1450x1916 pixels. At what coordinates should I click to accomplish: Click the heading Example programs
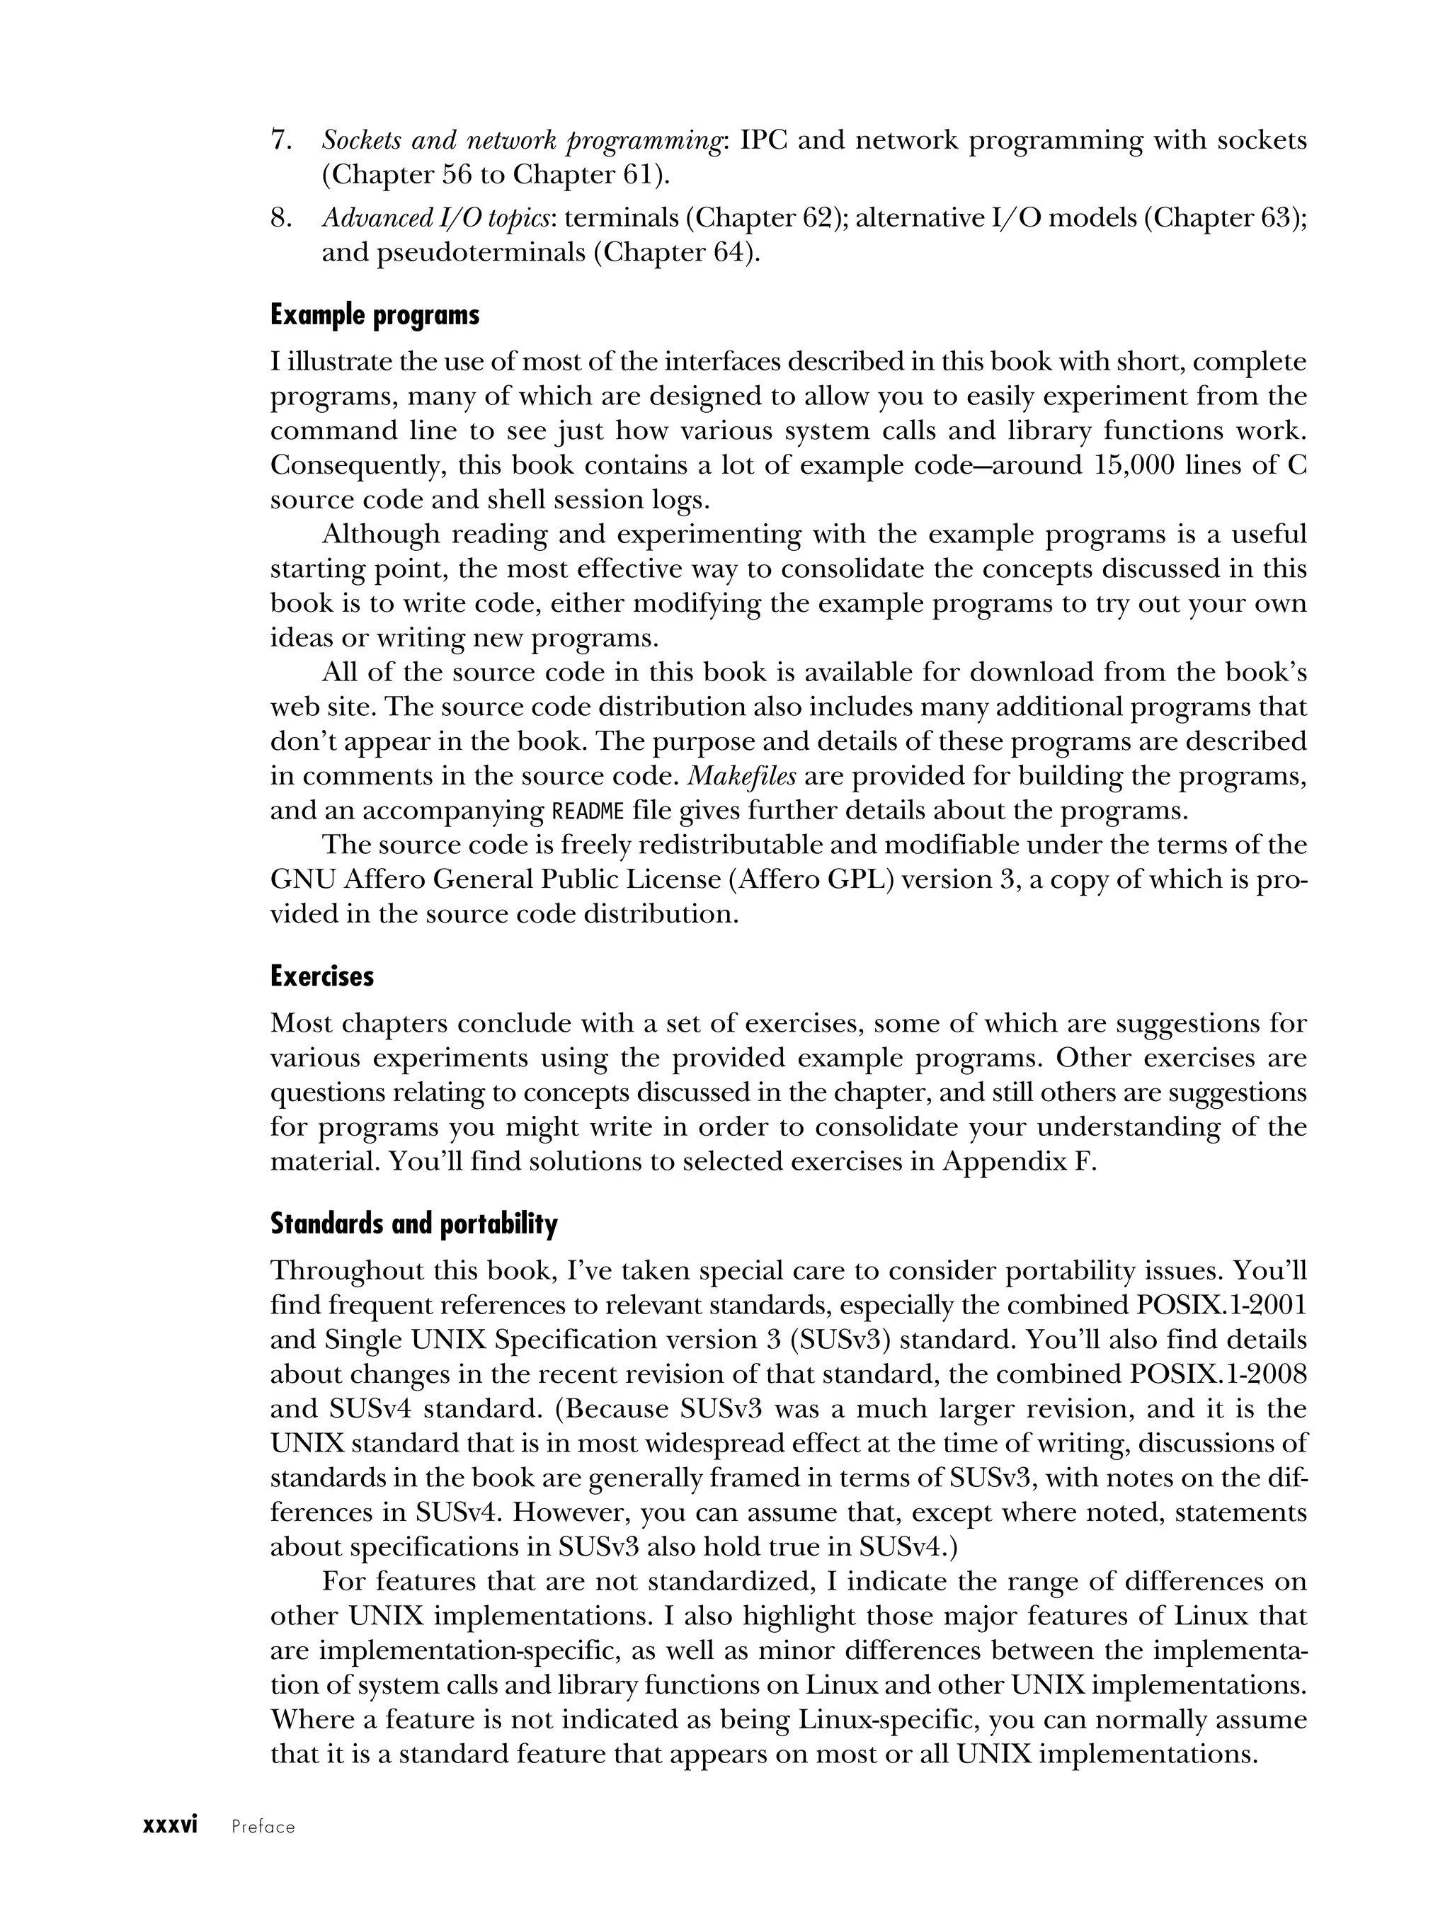pos(375,315)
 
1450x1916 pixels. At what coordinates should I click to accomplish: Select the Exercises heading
pos(321,976)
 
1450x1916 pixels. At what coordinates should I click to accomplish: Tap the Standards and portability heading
pos(414,1224)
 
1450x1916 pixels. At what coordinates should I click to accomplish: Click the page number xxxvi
pos(171,1825)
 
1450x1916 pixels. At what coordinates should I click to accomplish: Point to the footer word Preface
pos(263,1827)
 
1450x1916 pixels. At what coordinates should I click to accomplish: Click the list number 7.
pos(280,140)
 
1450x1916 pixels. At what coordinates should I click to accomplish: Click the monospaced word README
pos(588,811)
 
